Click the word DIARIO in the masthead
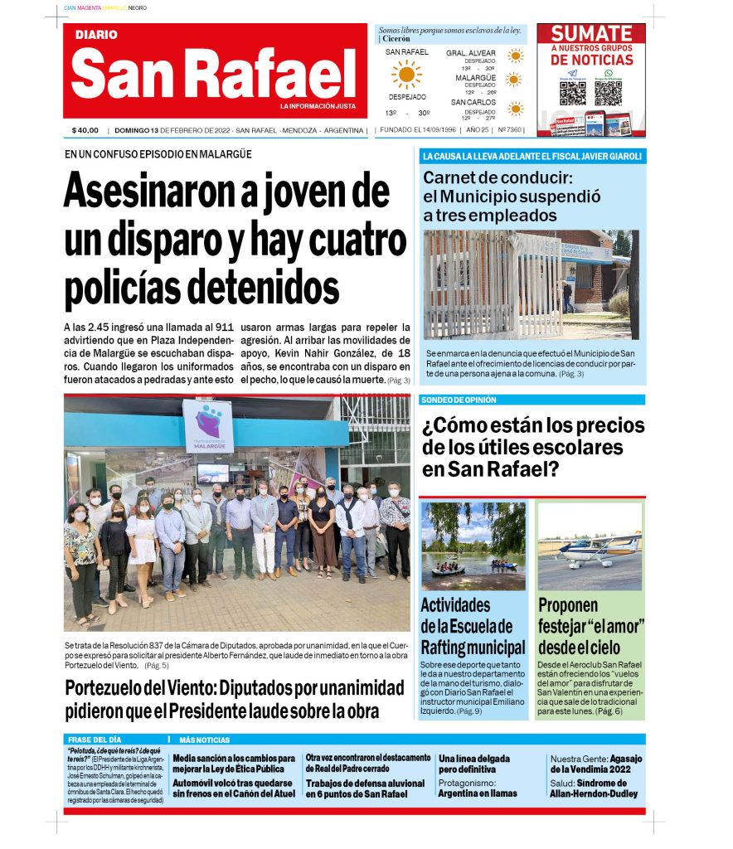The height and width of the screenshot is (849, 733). pyautogui.click(x=96, y=36)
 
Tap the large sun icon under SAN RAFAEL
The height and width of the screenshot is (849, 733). pyautogui.click(x=406, y=75)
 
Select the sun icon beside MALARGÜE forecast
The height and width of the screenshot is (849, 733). pyautogui.click(x=515, y=80)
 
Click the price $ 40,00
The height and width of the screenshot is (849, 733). pyautogui.click(x=85, y=130)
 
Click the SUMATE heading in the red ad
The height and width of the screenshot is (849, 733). pyautogui.click(x=591, y=34)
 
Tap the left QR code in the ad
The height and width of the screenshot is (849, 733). pyautogui.click(x=572, y=93)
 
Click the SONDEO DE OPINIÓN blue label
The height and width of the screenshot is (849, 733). pyautogui.click(x=459, y=400)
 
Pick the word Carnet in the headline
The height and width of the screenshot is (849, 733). pyautogui.click(x=459, y=177)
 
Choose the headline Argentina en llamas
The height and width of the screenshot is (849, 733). pyautogui.click(x=477, y=793)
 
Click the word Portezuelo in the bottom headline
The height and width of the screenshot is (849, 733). pyautogui.click(x=118, y=688)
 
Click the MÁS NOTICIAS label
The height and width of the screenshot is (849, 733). pyautogui.click(x=204, y=740)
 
